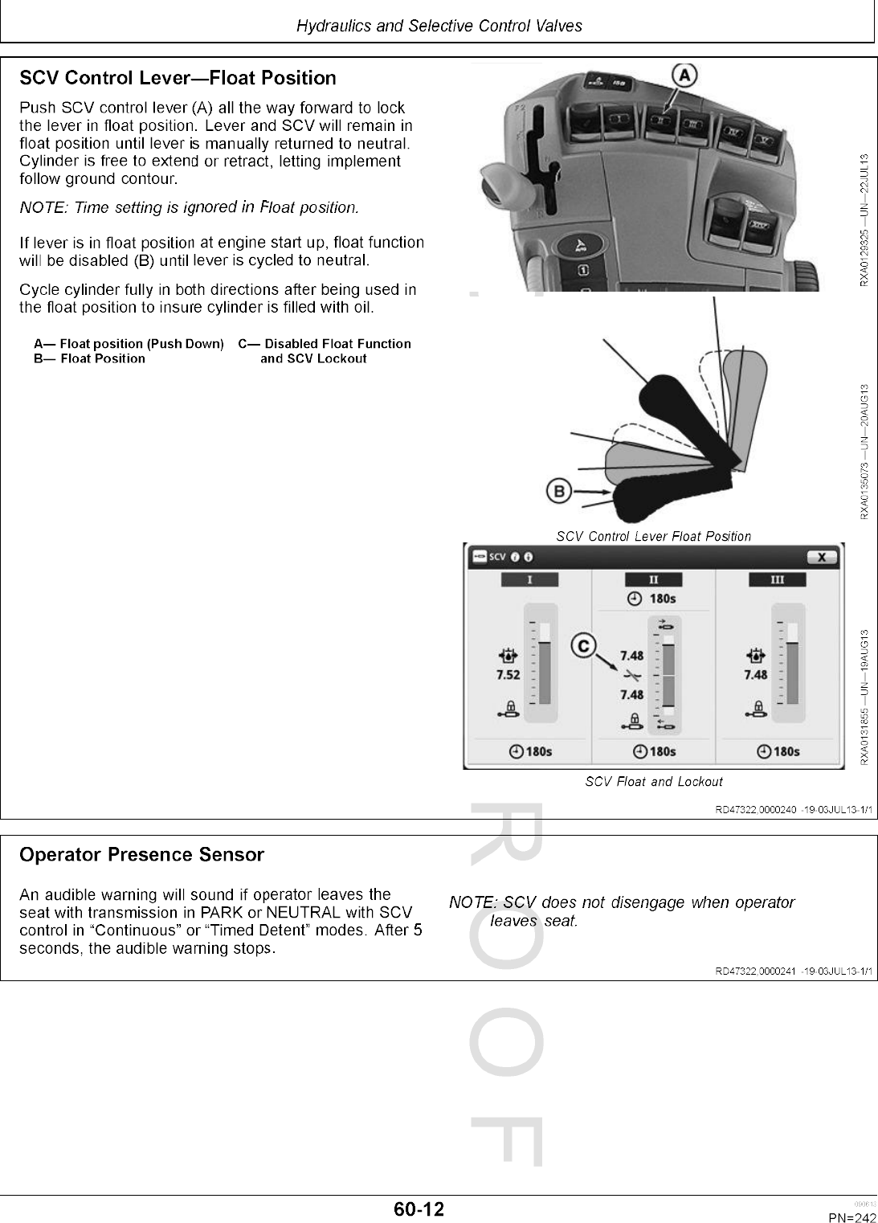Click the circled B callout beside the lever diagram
click(559, 490)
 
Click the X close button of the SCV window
click(820, 557)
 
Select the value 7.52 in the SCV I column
click(508, 675)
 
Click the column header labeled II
click(653, 579)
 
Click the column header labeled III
click(777, 579)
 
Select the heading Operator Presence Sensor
click(141, 855)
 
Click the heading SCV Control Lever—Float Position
click(178, 78)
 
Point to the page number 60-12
click(419, 1209)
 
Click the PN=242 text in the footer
click(852, 1217)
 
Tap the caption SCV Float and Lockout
click(654, 782)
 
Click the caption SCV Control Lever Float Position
click(654, 536)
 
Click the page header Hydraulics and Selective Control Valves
click(439, 26)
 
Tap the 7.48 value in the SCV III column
click(756, 675)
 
